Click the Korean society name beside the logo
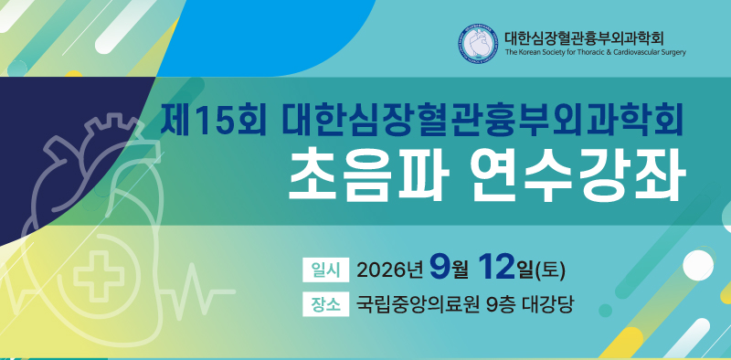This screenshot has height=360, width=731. tap(584, 37)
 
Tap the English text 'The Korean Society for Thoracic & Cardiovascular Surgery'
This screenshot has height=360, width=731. tap(596, 52)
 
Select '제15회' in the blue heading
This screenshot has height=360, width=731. tap(213, 122)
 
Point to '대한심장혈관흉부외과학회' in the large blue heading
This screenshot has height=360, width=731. tap(482, 122)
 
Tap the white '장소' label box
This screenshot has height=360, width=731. tap(325, 304)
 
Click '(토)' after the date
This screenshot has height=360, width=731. tap(551, 270)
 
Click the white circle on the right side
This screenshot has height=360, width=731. tap(698, 265)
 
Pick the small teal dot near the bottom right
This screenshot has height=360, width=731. tap(605, 310)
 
